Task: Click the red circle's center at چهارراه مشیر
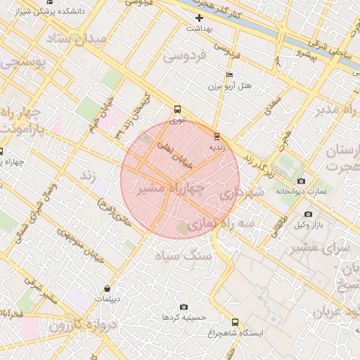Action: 180,179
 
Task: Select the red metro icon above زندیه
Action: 216,136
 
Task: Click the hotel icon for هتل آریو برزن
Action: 229,75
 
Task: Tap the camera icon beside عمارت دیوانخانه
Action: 302,181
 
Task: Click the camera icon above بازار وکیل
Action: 308,214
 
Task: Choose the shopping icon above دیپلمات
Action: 107,288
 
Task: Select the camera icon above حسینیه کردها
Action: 184,307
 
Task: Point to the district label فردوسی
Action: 185,57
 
